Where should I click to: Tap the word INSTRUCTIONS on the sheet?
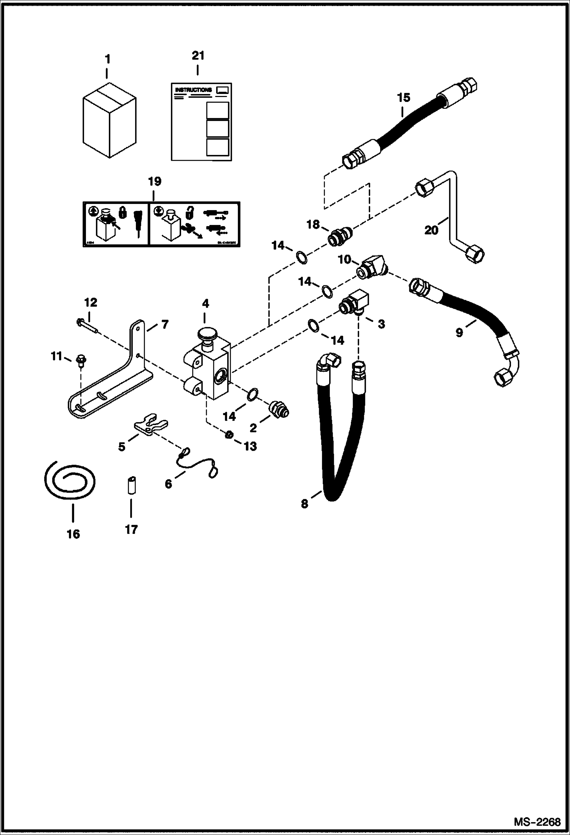[x=193, y=90]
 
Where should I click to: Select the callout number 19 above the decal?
[x=155, y=181]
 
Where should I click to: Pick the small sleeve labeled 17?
[x=131, y=485]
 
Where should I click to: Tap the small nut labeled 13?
[x=229, y=435]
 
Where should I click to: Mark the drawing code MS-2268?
[x=537, y=822]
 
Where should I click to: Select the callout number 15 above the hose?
[x=404, y=98]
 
